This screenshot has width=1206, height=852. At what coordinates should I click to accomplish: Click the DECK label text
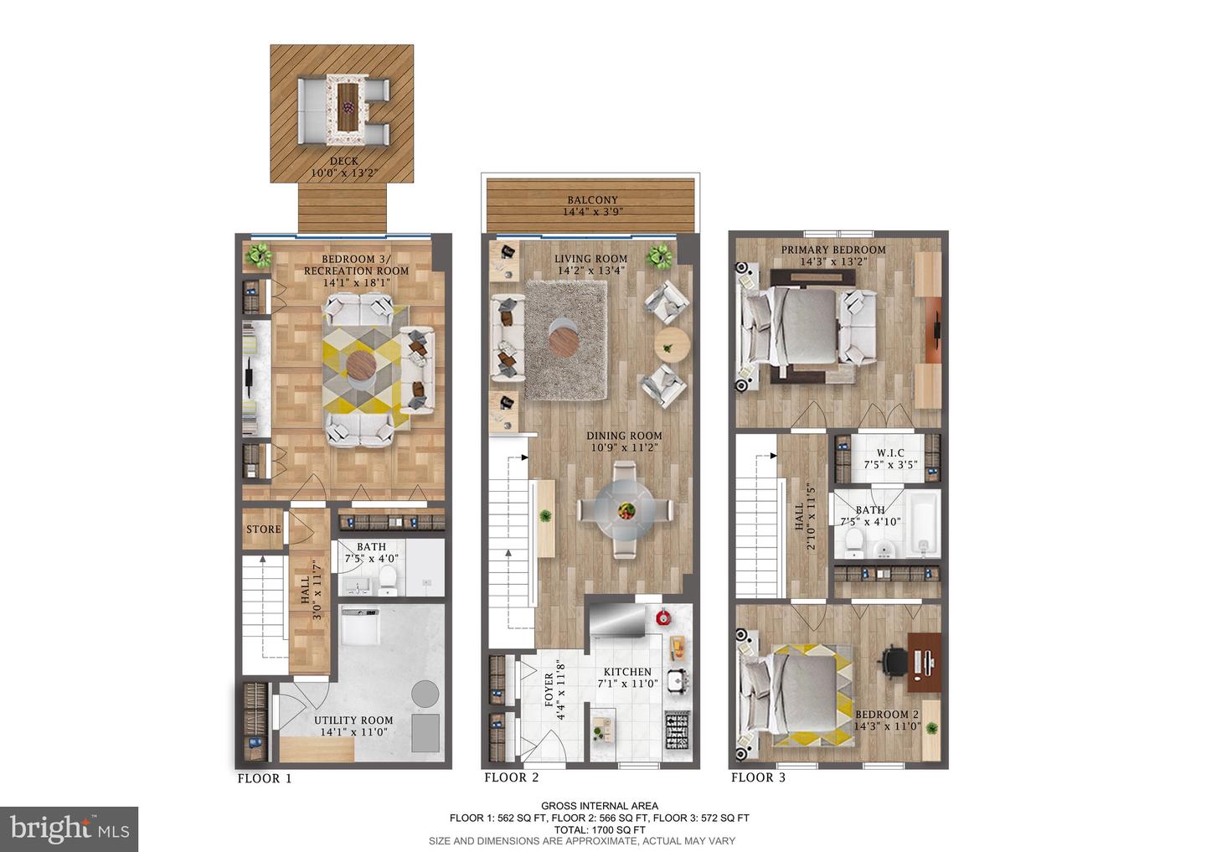tap(344, 161)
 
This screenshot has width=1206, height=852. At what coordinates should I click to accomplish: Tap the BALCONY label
tap(592, 199)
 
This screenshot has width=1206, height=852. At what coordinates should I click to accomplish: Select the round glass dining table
tap(625, 509)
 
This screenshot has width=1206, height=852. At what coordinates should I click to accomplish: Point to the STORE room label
tap(264, 529)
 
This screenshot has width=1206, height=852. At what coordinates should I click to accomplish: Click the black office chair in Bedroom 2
tap(892, 663)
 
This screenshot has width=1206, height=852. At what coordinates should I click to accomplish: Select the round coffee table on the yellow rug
tap(361, 366)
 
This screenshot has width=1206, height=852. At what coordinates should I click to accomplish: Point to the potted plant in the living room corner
tap(660, 257)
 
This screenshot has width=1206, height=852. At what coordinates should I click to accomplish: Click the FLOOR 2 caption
tap(512, 777)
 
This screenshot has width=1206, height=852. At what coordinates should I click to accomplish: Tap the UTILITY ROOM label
tap(353, 720)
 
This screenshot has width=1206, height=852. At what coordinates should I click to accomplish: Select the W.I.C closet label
tap(890, 453)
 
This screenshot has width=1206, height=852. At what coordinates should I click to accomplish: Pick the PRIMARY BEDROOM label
tap(833, 250)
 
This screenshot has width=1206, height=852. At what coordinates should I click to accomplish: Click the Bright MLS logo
tap(69, 829)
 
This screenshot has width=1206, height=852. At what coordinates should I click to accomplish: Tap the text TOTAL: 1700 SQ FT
tap(600, 830)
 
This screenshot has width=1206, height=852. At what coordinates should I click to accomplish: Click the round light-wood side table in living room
tap(673, 345)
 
